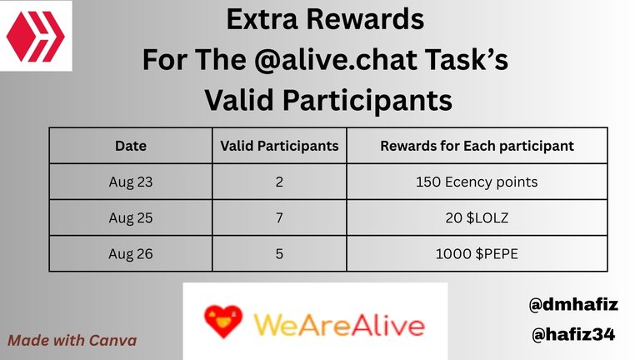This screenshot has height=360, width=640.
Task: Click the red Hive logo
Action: tap(36, 37)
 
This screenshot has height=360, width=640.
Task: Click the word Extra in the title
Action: tap(262, 19)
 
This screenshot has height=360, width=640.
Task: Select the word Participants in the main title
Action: tap(367, 101)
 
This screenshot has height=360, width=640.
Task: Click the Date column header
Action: tap(131, 146)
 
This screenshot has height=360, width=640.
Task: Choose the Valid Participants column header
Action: tap(279, 146)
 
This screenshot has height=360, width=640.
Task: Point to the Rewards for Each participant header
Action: tap(477, 146)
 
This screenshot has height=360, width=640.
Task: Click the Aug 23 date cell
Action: tap(131, 182)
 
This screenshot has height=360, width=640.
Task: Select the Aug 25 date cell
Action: tap(131, 218)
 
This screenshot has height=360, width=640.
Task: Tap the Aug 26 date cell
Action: tap(131, 254)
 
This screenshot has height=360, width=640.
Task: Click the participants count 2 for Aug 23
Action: tap(279, 182)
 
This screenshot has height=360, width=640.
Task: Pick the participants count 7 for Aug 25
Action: tap(279, 218)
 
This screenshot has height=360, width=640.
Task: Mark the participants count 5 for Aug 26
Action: tap(279, 254)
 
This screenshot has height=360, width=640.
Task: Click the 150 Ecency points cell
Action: tap(477, 182)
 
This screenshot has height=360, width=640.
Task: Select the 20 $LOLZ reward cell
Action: tap(477, 218)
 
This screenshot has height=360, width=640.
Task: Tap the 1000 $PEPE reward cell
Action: tap(477, 254)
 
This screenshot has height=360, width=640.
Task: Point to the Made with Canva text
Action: tap(72, 340)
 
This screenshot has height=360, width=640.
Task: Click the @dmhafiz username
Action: tap(573, 304)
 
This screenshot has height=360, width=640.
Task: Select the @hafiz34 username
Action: tap(573, 335)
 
